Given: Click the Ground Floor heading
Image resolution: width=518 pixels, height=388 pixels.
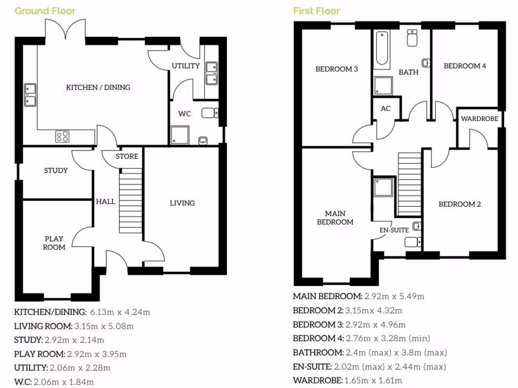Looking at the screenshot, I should (45, 11).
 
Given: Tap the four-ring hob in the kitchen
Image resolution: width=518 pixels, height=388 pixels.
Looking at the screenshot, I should (63, 136).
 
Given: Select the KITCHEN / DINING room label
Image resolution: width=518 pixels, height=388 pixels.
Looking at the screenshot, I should (98, 87).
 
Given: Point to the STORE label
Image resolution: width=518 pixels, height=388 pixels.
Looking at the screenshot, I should (126, 156).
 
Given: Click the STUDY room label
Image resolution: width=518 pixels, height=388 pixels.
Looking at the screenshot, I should (56, 170).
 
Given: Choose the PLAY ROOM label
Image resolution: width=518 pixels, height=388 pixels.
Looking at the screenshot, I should (54, 243).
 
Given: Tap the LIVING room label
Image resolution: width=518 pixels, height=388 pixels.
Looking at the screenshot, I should (182, 203).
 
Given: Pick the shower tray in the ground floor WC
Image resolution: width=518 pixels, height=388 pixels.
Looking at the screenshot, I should (179, 134).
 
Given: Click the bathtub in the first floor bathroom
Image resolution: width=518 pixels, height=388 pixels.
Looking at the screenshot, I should (382, 50).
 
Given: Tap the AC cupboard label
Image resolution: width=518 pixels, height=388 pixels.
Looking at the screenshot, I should (385, 109).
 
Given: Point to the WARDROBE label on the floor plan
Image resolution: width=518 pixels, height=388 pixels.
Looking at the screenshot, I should (479, 119).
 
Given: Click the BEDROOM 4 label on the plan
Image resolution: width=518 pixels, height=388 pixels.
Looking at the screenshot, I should (464, 66).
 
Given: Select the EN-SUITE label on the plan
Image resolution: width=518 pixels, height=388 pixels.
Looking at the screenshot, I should (394, 230).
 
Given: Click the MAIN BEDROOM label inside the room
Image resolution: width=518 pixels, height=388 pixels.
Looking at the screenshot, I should (335, 217).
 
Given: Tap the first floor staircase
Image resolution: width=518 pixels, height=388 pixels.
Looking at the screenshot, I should (410, 184).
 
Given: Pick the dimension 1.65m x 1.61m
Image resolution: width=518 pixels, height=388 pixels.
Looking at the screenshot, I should (373, 380).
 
